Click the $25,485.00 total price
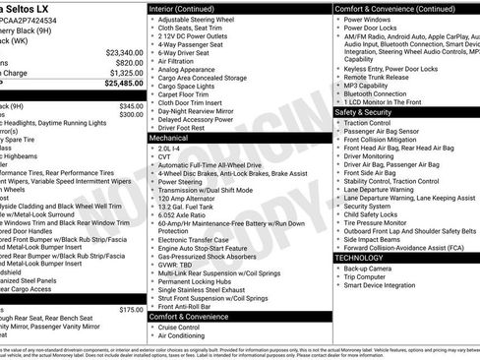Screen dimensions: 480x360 [118, 84]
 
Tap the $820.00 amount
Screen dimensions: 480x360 [130, 62]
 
